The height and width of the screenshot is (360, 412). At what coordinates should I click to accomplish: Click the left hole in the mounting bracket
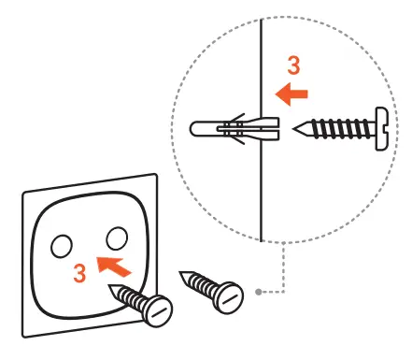point(61,246)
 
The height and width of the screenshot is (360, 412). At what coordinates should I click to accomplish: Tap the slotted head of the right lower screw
point(230,296)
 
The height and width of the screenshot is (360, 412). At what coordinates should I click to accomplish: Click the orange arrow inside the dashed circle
point(291,94)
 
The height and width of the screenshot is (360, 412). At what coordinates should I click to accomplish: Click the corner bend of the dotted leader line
point(281,293)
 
